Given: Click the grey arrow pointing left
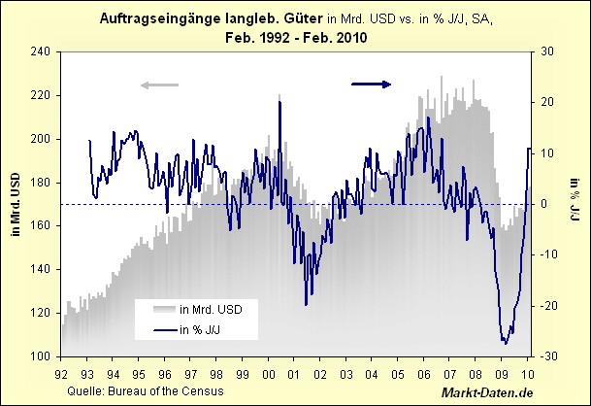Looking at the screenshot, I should coord(160,85).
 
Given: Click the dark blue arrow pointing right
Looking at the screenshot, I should coord(372,84).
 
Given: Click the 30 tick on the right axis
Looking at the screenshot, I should coord(546,51).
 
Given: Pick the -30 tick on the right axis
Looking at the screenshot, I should coord(546,356).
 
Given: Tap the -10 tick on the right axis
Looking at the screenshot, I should coord(546,254).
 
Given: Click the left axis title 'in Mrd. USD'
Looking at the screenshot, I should coord(14,204).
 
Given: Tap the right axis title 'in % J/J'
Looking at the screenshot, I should coord(575,204).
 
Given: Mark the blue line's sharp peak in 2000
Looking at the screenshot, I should coord(279,102).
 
